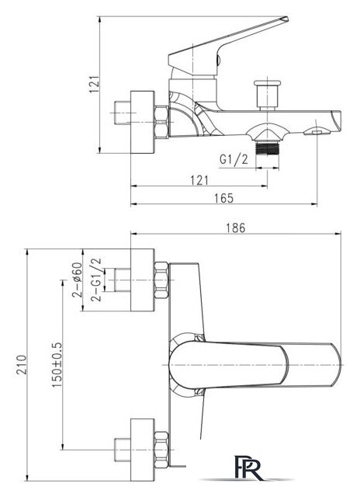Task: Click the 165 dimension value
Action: point(223,199)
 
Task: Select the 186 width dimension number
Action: point(237,227)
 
